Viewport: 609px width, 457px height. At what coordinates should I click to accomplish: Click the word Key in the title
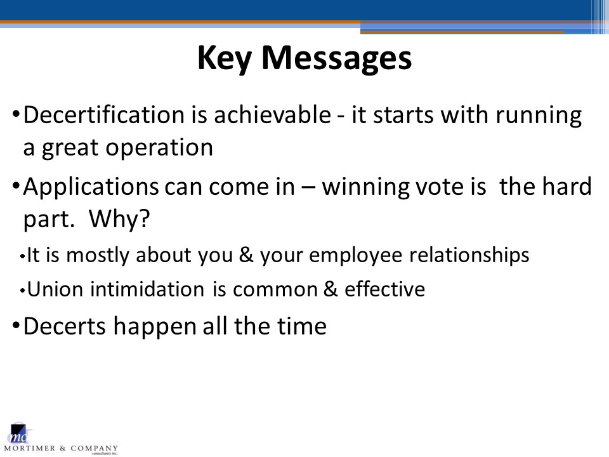point(225,58)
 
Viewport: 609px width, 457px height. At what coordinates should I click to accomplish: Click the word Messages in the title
point(337,58)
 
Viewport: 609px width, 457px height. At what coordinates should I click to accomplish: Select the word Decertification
point(103,115)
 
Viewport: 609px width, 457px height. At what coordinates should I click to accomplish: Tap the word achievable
point(272,115)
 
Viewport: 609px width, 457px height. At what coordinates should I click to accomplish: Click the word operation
point(159,149)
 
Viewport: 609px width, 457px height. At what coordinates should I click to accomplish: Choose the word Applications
point(91,187)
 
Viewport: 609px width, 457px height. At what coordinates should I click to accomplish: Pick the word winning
point(365,187)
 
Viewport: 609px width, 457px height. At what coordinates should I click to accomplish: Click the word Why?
point(119,218)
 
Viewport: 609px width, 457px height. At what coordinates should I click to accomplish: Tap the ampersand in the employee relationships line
point(246,255)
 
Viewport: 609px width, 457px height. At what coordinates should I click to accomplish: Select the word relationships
point(469,256)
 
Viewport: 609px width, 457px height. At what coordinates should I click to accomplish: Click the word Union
point(55,289)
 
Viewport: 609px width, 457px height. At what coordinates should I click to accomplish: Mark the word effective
point(385,289)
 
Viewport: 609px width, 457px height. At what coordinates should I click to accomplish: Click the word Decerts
point(65,326)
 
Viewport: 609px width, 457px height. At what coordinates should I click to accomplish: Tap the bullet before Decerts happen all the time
point(16,325)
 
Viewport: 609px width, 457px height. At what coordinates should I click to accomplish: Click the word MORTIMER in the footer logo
point(30,449)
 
